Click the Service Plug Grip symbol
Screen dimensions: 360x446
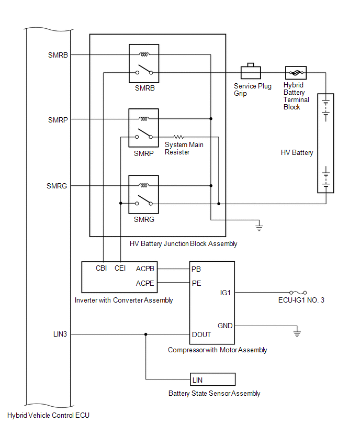coord(251,71)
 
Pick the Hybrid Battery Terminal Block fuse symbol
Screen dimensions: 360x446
coord(296,73)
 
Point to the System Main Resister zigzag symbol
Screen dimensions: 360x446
coord(178,137)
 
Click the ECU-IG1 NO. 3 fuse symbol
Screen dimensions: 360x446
coord(298,293)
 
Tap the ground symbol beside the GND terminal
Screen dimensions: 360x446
coord(297,333)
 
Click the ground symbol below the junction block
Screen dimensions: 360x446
coord(259,227)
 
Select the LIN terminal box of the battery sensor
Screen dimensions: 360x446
coord(212,380)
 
